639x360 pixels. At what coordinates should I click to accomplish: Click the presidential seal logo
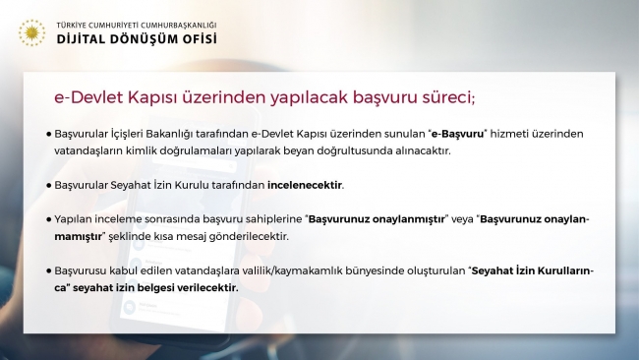30,32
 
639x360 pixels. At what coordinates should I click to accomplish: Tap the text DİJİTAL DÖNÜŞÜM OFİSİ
138,39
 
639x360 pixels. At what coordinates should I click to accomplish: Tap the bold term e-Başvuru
458,132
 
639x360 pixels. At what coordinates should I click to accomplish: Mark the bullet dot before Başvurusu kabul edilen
47,269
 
